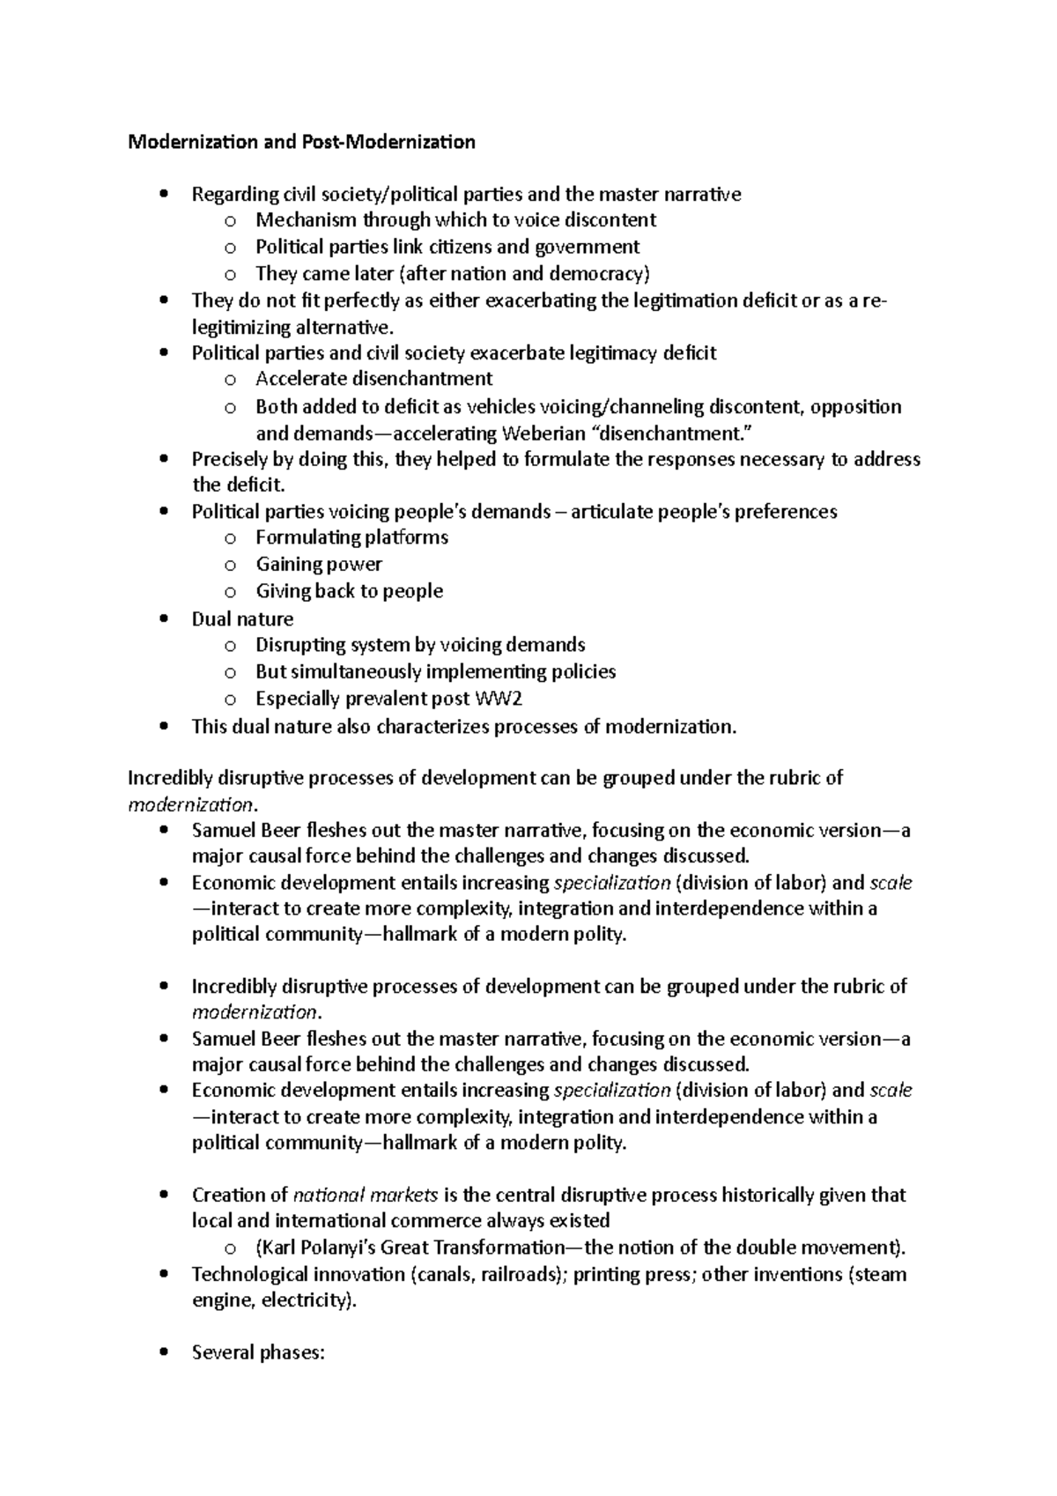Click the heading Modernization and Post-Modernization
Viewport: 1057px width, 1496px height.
pyautogui.click(x=301, y=142)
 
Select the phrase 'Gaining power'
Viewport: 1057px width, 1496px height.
pyautogui.click(x=319, y=564)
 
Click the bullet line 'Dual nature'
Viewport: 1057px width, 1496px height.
pyautogui.click(x=242, y=619)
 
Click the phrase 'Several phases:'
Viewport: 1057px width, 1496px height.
pyautogui.click(x=258, y=1352)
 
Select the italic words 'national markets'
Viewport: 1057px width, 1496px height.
pyautogui.click(x=366, y=1196)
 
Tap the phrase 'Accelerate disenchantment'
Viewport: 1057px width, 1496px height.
pyautogui.click(x=373, y=379)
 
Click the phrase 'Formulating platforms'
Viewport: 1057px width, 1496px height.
pyautogui.click(x=351, y=537)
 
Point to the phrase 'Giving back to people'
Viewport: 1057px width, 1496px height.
pyautogui.click(x=349, y=591)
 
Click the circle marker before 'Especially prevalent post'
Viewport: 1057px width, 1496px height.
pyautogui.click(x=230, y=700)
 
